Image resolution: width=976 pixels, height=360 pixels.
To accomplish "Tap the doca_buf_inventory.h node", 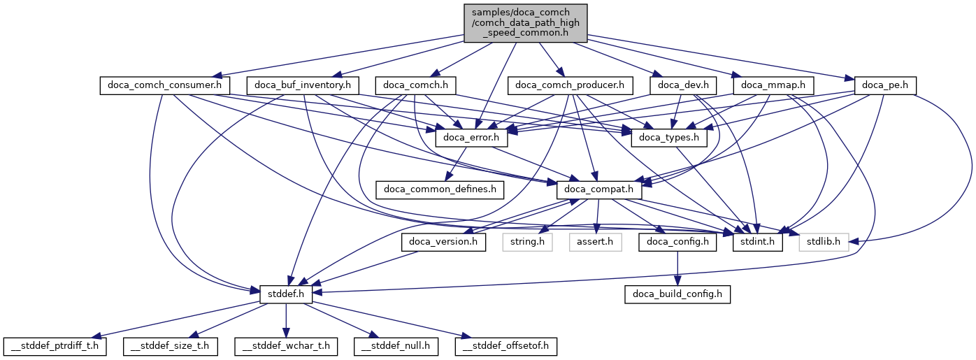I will click(307, 86).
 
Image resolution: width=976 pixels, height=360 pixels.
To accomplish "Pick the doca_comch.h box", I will click(415, 86).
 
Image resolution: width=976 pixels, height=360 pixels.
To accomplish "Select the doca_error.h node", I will click(471, 138).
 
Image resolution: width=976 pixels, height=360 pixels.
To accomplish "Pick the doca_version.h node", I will click(443, 242).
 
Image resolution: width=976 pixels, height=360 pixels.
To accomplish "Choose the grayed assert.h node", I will click(595, 242).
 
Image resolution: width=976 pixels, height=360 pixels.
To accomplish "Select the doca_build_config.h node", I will click(677, 294).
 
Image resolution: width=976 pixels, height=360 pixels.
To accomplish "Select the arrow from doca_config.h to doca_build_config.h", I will click(677, 268).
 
